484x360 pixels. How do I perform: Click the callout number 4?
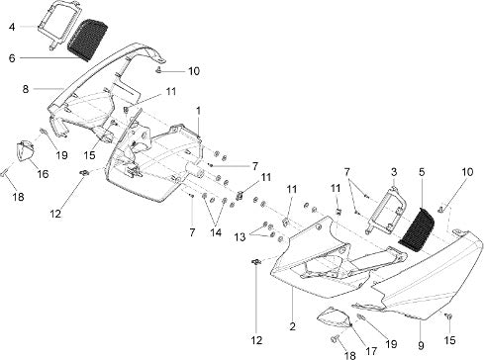click(x=12, y=27)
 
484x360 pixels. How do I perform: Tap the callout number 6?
click(x=12, y=58)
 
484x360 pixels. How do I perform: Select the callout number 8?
click(x=26, y=89)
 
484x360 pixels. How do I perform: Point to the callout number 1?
click(x=198, y=111)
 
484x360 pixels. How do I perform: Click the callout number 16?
click(x=43, y=174)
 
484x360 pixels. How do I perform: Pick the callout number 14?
click(x=216, y=232)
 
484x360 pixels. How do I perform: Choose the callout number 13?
click(x=241, y=236)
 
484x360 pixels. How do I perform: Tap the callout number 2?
click(x=293, y=326)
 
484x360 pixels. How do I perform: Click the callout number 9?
click(x=421, y=345)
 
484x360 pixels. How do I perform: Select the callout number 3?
click(x=394, y=172)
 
